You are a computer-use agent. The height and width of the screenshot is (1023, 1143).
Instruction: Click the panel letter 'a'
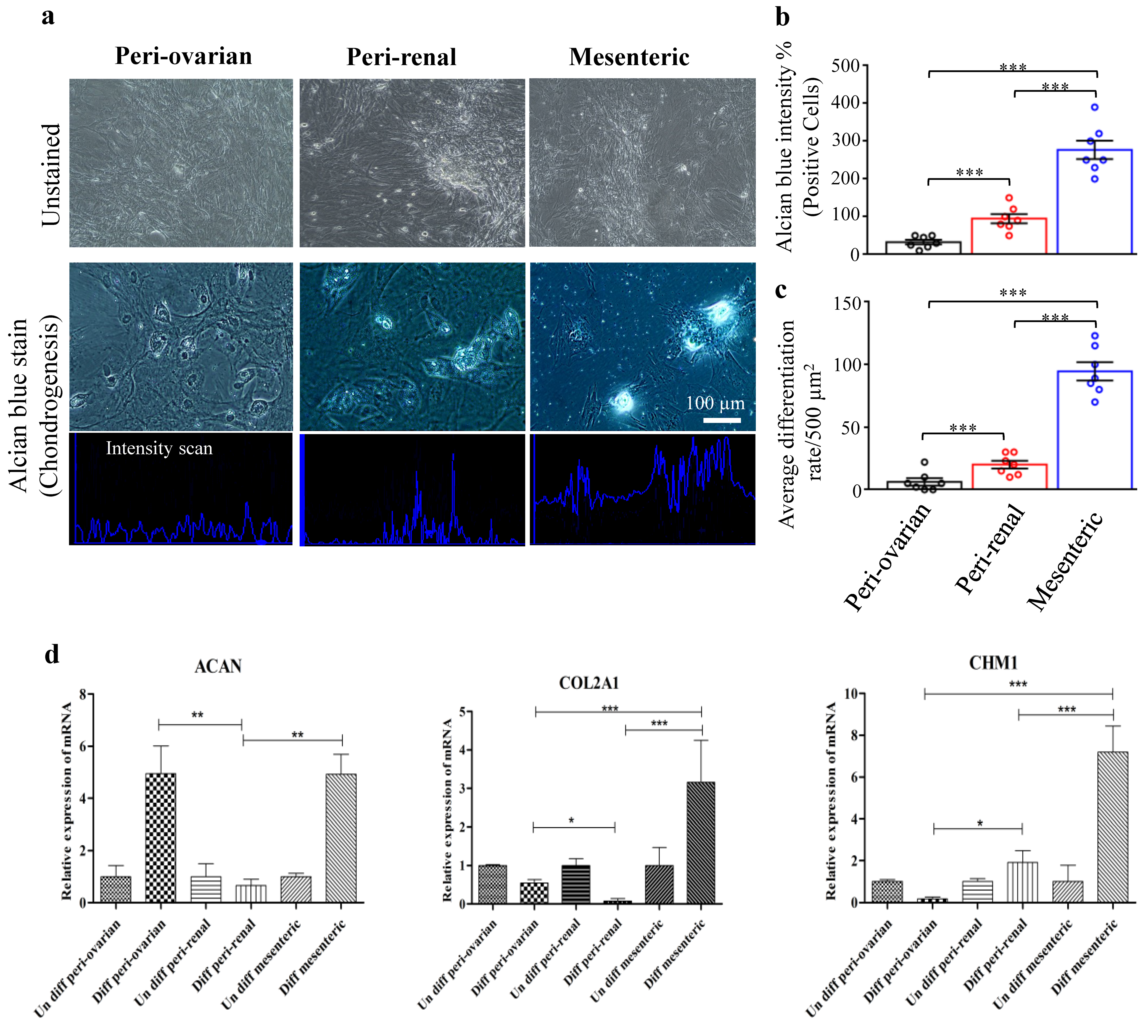pyautogui.click(x=48, y=16)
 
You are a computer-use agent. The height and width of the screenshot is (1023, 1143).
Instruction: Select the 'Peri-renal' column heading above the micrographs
pyautogui.click(x=401, y=57)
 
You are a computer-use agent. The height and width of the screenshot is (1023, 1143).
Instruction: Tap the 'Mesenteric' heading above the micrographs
pyautogui.click(x=629, y=57)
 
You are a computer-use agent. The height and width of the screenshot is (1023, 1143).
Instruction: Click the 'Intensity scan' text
pyautogui.click(x=159, y=448)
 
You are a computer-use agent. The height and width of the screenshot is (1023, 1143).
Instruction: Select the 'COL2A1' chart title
pyautogui.click(x=589, y=683)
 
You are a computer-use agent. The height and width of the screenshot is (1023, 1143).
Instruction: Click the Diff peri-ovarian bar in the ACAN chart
pyautogui.click(x=160, y=838)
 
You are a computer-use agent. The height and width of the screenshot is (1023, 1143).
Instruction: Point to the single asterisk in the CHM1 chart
pyautogui.click(x=980, y=824)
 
